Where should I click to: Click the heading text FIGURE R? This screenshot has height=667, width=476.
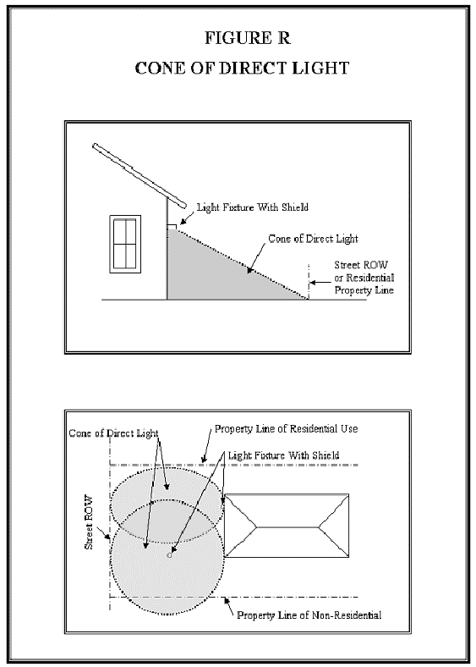click(x=248, y=38)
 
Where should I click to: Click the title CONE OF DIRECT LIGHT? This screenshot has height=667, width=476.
click(x=243, y=69)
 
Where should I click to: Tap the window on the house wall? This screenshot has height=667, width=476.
click(x=125, y=244)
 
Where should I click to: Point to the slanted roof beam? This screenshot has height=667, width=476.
click(x=140, y=176)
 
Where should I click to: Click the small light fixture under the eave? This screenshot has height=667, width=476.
click(x=171, y=227)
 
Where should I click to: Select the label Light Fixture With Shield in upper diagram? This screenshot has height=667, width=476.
click(x=253, y=207)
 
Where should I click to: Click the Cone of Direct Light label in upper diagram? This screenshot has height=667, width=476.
click(x=313, y=239)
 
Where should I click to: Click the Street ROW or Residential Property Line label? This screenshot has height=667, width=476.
click(x=364, y=278)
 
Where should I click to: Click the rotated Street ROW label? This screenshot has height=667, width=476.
click(x=89, y=521)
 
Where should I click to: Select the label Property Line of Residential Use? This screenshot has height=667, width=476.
click(x=286, y=429)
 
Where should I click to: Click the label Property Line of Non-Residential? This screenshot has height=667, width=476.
click(x=309, y=615)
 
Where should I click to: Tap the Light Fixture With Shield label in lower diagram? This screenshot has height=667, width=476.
click(x=283, y=455)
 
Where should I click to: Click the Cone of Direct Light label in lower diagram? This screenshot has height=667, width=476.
click(x=113, y=433)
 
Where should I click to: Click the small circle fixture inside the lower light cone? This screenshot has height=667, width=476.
click(x=169, y=555)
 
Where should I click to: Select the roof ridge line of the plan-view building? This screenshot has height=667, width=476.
click(x=287, y=527)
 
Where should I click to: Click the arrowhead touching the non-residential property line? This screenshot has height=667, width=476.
click(x=227, y=600)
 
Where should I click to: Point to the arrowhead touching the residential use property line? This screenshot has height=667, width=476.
click(x=204, y=460)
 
